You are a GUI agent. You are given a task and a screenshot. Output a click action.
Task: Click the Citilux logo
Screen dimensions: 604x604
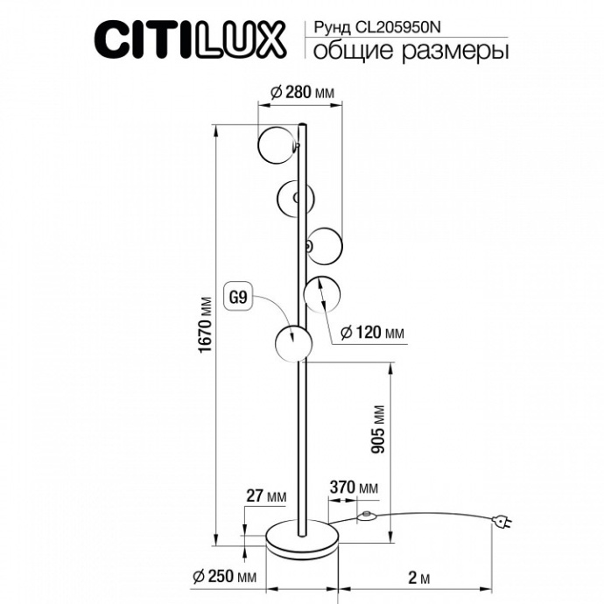coord(189,39)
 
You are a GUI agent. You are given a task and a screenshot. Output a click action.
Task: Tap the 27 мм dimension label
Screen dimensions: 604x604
coord(266,496)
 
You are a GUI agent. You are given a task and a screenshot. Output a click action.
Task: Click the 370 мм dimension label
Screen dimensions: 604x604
coord(353,488)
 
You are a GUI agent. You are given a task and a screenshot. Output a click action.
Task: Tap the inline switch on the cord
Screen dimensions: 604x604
coord(367,516)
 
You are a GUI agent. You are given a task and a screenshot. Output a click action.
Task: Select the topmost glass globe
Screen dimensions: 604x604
coord(277,144)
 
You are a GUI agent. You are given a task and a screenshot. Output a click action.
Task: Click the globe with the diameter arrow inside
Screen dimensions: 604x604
coord(321,291)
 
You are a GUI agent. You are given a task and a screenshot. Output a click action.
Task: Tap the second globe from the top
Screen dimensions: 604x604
coord(294,196)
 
